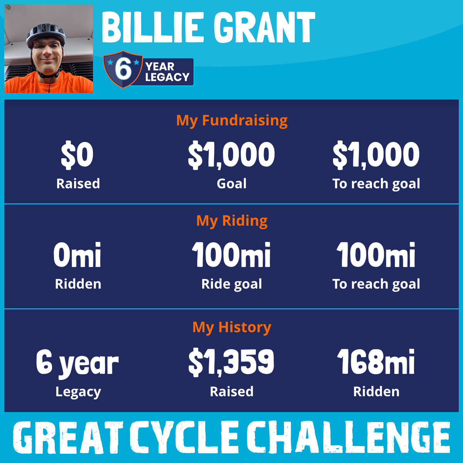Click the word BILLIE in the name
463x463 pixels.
(x=153, y=27)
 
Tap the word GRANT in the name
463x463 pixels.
(x=264, y=27)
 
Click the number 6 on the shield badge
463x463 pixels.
(x=123, y=69)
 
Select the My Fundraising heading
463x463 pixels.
(x=231, y=121)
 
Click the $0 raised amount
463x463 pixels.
(x=77, y=154)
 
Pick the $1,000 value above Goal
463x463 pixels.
(x=231, y=154)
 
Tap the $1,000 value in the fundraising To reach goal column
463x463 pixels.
(x=376, y=154)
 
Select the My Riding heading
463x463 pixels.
(x=231, y=221)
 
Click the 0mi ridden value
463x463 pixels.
(x=77, y=255)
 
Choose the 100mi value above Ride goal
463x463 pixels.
(x=231, y=255)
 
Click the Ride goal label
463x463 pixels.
(x=231, y=284)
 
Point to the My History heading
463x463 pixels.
(x=231, y=327)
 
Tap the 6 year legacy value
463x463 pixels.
(x=78, y=363)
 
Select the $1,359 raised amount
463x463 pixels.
(x=231, y=362)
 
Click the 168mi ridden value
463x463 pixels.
(x=376, y=362)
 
